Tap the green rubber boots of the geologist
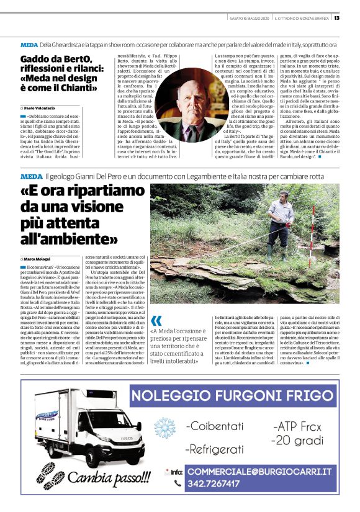coord(271,249)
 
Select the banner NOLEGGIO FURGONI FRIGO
coord(234,395)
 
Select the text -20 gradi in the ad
coord(299,440)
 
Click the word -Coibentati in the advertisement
coord(217,426)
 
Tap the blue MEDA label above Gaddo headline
coord(29,45)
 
